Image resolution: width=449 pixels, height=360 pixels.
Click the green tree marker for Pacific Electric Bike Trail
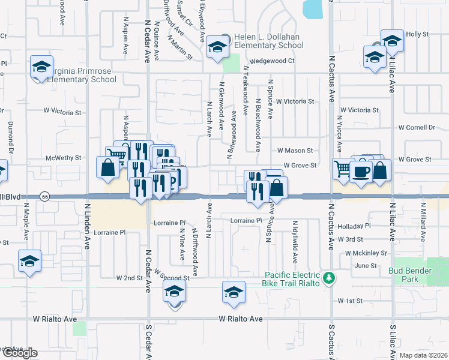[x=328, y=278]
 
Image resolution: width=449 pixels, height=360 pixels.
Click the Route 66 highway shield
[x=44, y=196]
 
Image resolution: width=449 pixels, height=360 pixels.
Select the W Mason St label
[x=295, y=151]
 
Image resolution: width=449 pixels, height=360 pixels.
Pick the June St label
[x=365, y=265]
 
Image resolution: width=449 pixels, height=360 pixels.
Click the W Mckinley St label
[x=366, y=253]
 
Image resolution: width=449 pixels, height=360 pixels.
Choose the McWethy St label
[x=63, y=159]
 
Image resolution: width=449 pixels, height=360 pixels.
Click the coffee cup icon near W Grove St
[x=361, y=172]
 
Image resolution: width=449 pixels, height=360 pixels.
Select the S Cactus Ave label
[x=331, y=342]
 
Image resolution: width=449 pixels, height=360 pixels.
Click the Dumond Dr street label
[x=10, y=138]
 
